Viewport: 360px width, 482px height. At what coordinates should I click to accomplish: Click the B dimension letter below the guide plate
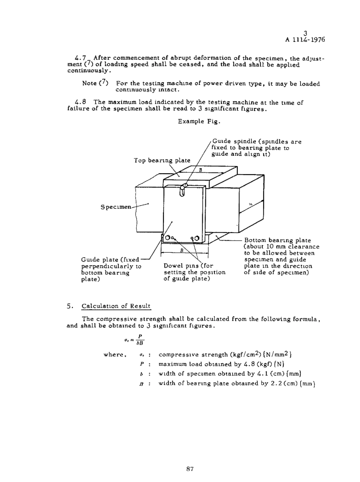[182, 250]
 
